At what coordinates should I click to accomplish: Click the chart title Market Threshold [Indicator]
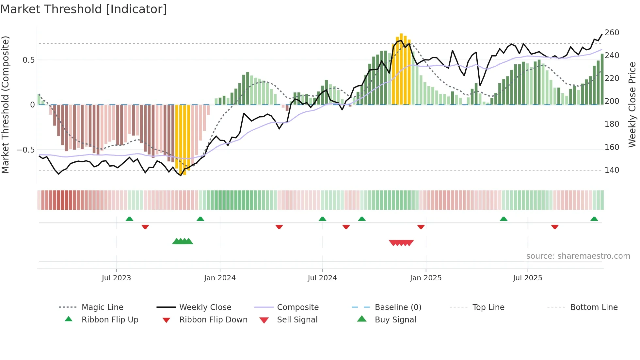click(x=84, y=9)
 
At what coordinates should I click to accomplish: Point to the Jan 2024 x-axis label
click(x=220, y=278)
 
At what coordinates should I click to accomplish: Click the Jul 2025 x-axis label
click(x=527, y=278)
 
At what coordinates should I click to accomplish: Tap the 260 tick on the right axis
click(x=612, y=33)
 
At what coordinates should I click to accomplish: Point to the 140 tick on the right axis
click(x=612, y=170)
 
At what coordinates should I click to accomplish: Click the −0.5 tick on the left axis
click(x=25, y=150)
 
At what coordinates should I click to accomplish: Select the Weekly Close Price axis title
click(x=632, y=105)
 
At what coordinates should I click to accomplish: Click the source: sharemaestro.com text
click(x=578, y=256)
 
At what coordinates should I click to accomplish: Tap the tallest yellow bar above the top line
click(x=401, y=65)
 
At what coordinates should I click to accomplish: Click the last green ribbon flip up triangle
click(x=594, y=219)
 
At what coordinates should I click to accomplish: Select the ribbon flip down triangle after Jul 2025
click(x=555, y=227)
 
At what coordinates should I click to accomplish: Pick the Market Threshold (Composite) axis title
click(x=5, y=105)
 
